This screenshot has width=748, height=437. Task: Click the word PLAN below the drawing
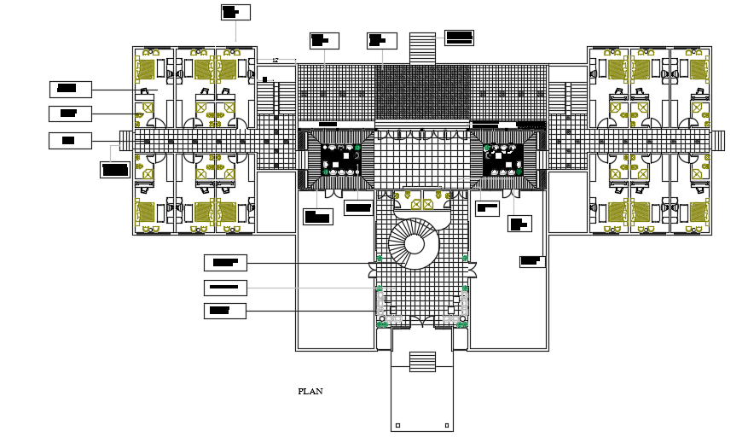tap(310, 392)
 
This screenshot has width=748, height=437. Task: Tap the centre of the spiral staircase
tap(414, 244)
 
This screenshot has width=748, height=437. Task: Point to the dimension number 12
tap(275, 60)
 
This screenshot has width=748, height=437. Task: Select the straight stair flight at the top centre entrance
tap(422, 48)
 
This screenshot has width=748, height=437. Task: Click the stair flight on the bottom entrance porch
tap(422, 362)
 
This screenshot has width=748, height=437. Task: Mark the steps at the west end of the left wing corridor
tap(125, 140)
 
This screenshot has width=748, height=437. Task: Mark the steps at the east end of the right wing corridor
tap(718, 140)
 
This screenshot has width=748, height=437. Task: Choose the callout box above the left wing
tap(235, 12)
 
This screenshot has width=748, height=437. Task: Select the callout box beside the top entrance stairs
tap(459, 37)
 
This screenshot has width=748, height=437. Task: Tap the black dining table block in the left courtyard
tap(340, 160)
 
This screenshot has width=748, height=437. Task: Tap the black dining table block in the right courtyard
tap(503, 160)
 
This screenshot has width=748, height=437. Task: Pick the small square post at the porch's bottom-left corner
tap(397, 425)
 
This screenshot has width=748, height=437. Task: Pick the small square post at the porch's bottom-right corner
tap(446, 425)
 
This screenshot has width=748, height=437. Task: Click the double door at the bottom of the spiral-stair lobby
tap(422, 322)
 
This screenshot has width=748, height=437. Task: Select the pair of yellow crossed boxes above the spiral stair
tap(421, 204)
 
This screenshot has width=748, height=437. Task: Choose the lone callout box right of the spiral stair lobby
tap(532, 261)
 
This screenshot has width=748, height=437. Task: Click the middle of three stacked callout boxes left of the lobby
tap(225, 288)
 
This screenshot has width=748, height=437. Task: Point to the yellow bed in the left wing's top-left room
tap(146, 69)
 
